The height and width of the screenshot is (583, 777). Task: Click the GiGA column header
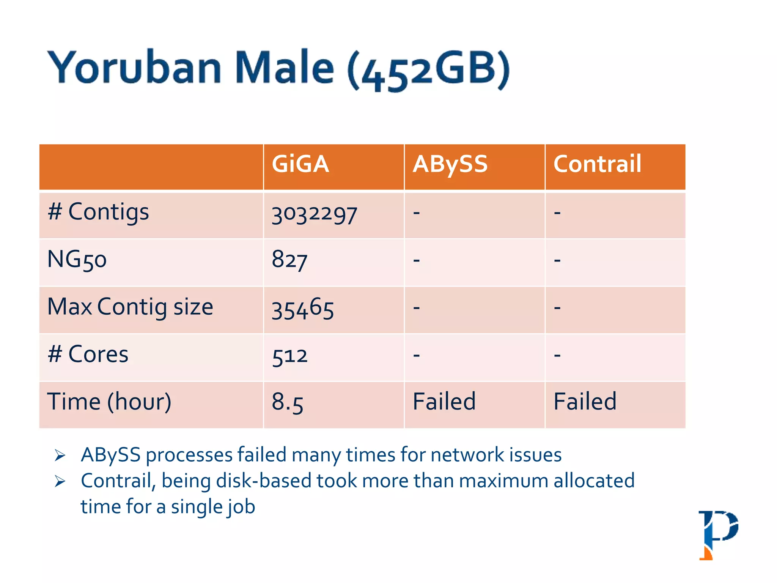[x=300, y=164]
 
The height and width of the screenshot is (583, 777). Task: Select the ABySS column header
[x=450, y=164]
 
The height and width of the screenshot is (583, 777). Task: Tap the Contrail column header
[x=597, y=164]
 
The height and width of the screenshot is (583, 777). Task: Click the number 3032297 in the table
[x=314, y=215]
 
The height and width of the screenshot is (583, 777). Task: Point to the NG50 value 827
[x=289, y=261]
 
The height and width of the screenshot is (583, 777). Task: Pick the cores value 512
[x=289, y=356]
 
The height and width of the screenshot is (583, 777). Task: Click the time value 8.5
[x=287, y=402]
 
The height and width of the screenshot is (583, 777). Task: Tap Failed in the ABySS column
[x=444, y=402]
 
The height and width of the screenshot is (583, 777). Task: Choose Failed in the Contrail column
[x=585, y=402]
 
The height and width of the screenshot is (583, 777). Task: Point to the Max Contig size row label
[x=130, y=307]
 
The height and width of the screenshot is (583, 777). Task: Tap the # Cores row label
[x=88, y=355]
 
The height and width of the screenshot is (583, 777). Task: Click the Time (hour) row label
[x=109, y=402]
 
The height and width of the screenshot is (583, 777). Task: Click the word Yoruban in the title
[x=135, y=68]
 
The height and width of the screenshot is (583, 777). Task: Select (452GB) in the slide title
[x=429, y=70]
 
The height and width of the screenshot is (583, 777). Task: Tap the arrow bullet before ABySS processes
[x=60, y=455]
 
